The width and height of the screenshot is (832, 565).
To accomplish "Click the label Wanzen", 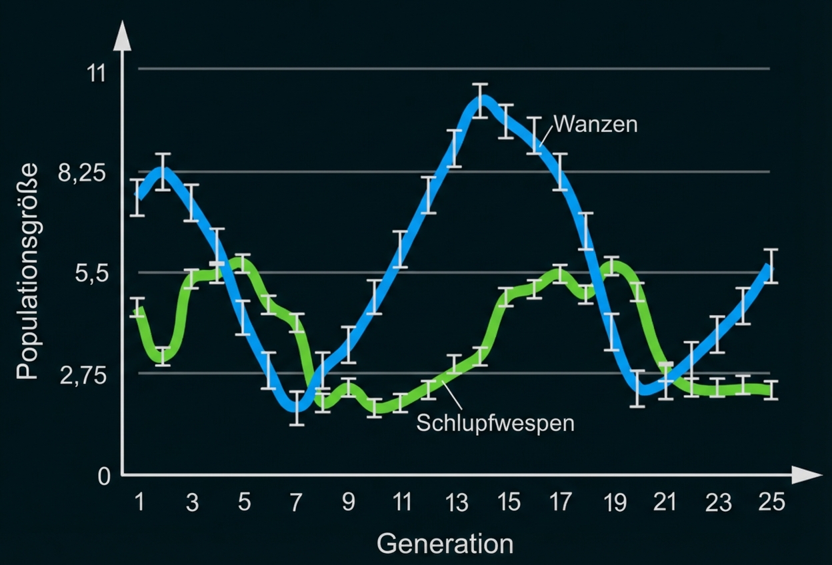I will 595,124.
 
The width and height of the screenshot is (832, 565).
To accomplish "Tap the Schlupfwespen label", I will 495,423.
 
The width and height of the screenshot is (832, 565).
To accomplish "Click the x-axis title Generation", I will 445,543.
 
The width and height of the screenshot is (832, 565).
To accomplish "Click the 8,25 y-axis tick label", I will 83,175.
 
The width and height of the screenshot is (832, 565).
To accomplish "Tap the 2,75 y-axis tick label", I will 83,376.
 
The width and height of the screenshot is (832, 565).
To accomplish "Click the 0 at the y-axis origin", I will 103,477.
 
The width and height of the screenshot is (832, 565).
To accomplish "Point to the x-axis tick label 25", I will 771,502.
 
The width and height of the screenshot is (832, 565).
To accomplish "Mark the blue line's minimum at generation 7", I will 297,406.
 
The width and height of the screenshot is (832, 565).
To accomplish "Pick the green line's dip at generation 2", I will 164,356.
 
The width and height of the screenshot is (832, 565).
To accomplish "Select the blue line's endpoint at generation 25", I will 771,267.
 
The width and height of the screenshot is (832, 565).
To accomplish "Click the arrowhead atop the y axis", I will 122,36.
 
